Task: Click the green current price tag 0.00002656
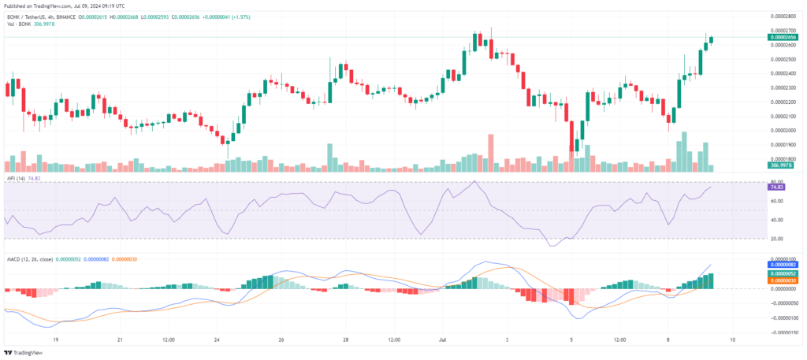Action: coord(783,37)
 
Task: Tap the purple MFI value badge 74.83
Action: coord(776,187)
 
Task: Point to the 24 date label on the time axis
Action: coord(217,340)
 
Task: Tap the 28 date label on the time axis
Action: coord(346,340)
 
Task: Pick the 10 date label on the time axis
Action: coord(733,340)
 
